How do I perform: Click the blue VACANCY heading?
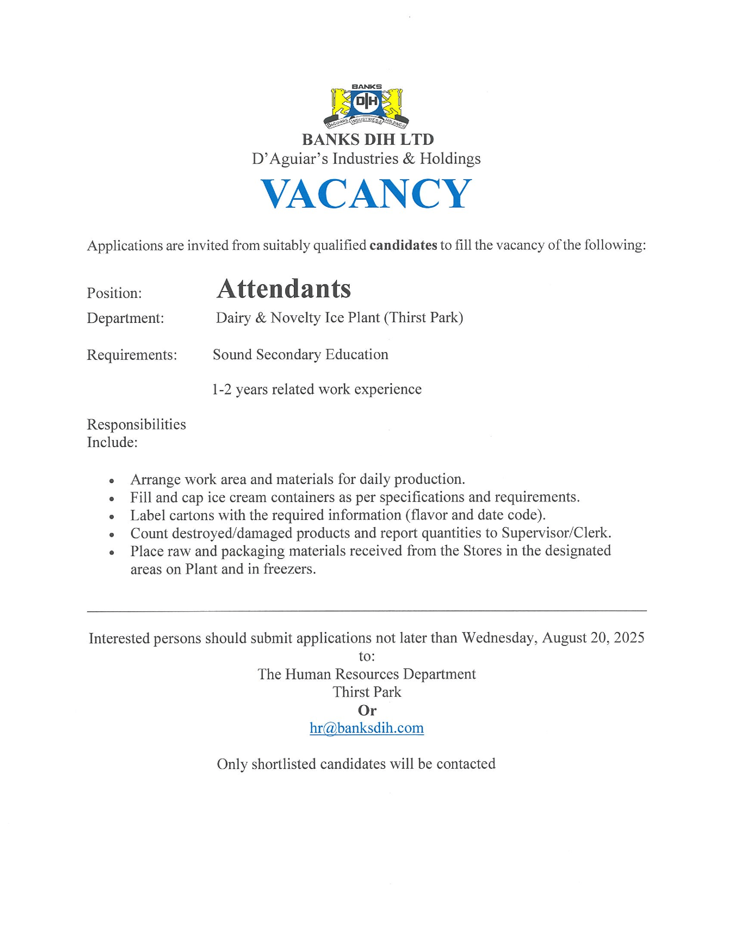pyautogui.click(x=367, y=193)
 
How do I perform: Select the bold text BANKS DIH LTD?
pyautogui.click(x=367, y=140)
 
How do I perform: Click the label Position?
pyautogui.click(x=115, y=293)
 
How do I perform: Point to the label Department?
pyautogui.click(x=125, y=318)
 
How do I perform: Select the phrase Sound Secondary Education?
pyautogui.click(x=300, y=355)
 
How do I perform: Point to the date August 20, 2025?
pyautogui.click(x=593, y=638)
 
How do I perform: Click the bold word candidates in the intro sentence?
pyautogui.click(x=403, y=245)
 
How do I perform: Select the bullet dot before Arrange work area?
pyautogui.click(x=112, y=481)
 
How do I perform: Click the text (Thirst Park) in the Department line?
pyautogui.click(x=423, y=318)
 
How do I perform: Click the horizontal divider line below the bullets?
pyautogui.click(x=367, y=611)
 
